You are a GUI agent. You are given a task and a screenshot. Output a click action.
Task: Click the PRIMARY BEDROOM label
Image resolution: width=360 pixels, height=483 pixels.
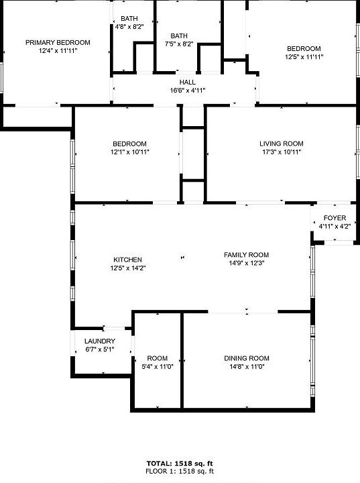pyautogui.click(x=58, y=42)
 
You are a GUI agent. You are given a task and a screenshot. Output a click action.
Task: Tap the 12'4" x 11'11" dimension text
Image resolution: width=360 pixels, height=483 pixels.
pyautogui.click(x=58, y=50)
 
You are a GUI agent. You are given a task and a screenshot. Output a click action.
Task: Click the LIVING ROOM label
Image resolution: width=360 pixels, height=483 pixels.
pyautogui.click(x=282, y=144)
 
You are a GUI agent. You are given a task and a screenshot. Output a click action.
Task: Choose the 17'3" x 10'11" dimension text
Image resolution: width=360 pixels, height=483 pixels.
pyautogui.click(x=282, y=152)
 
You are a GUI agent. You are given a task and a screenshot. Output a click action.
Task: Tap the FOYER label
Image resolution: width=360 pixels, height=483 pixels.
pyautogui.click(x=335, y=218)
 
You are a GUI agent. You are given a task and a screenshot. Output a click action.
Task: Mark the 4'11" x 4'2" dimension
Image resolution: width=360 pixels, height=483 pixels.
pyautogui.click(x=335, y=226)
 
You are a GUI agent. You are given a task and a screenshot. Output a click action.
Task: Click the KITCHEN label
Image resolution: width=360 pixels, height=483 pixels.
pyautogui.click(x=127, y=260)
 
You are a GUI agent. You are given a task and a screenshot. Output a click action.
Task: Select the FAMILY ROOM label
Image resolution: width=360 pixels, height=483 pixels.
pyautogui.click(x=246, y=255)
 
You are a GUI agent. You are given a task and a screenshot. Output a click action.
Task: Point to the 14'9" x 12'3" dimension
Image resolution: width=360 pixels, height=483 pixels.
pyautogui.click(x=246, y=263)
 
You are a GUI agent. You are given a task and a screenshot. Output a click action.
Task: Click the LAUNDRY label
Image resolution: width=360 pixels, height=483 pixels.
pyautogui.click(x=100, y=341)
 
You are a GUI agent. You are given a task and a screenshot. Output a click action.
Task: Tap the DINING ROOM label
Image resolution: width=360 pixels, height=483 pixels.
pyautogui.click(x=247, y=358)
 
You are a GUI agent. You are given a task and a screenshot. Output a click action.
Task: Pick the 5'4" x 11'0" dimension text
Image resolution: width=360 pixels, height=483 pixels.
pyautogui.click(x=158, y=366)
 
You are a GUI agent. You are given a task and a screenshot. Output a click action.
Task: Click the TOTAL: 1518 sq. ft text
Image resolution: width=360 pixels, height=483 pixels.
pyautogui.click(x=180, y=463)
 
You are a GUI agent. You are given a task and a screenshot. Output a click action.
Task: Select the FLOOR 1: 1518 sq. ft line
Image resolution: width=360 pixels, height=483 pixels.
pyautogui.click(x=180, y=471)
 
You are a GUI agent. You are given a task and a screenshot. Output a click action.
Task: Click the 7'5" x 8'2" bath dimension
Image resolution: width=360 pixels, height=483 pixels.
pyautogui.click(x=179, y=44)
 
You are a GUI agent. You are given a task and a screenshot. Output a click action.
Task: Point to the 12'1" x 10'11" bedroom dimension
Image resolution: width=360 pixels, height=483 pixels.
pyautogui.click(x=129, y=152)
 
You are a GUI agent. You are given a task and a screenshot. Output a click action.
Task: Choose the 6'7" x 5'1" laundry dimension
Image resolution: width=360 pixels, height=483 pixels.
pyautogui.click(x=100, y=350)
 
